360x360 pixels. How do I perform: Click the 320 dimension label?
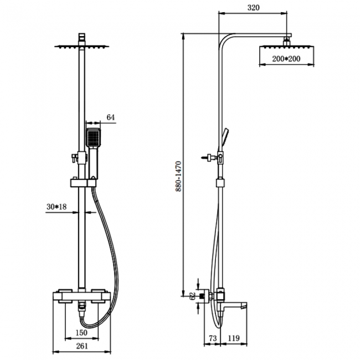254,8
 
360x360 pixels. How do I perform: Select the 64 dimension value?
110,117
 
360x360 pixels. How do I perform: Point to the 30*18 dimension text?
57,207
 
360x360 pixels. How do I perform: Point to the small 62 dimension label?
192,296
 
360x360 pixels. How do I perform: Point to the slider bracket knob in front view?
74,160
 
